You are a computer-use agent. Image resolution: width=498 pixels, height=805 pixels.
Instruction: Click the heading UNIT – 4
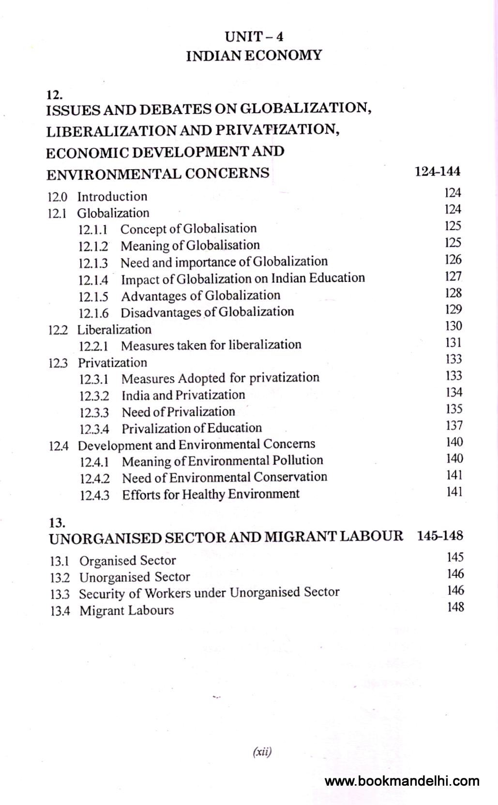tap(254, 36)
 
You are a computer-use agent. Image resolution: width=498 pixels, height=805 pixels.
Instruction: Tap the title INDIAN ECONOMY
tap(254, 56)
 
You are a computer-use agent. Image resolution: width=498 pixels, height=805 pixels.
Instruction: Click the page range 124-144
tap(438, 171)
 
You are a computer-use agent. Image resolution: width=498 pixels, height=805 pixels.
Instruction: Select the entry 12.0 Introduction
tap(97, 197)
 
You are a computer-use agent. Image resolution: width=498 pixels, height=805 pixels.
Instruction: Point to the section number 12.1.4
tap(93, 280)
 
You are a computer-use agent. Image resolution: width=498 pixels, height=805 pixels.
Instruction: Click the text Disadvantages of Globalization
tap(207, 312)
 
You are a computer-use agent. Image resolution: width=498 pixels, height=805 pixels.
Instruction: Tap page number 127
tap(453, 276)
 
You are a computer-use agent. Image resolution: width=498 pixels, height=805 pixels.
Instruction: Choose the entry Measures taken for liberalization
tap(211, 345)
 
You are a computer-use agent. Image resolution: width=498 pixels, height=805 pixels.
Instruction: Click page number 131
tap(453, 342)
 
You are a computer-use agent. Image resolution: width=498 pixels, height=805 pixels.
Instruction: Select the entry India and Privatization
tap(183, 395)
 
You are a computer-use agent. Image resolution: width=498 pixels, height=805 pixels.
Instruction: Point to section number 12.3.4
tap(94, 429)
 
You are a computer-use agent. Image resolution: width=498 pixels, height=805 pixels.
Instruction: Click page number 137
tap(454, 425)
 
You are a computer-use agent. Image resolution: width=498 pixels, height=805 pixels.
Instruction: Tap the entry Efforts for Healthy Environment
tap(211, 494)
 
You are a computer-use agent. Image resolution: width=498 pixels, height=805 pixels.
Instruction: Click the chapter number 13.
tap(57, 523)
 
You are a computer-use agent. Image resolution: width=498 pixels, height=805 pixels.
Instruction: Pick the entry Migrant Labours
tap(127, 611)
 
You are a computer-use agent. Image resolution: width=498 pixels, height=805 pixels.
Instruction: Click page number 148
tap(455, 607)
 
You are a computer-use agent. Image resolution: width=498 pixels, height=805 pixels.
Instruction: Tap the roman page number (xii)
tap(262, 752)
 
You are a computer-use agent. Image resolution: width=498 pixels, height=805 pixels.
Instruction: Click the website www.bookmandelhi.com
tap(402, 781)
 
